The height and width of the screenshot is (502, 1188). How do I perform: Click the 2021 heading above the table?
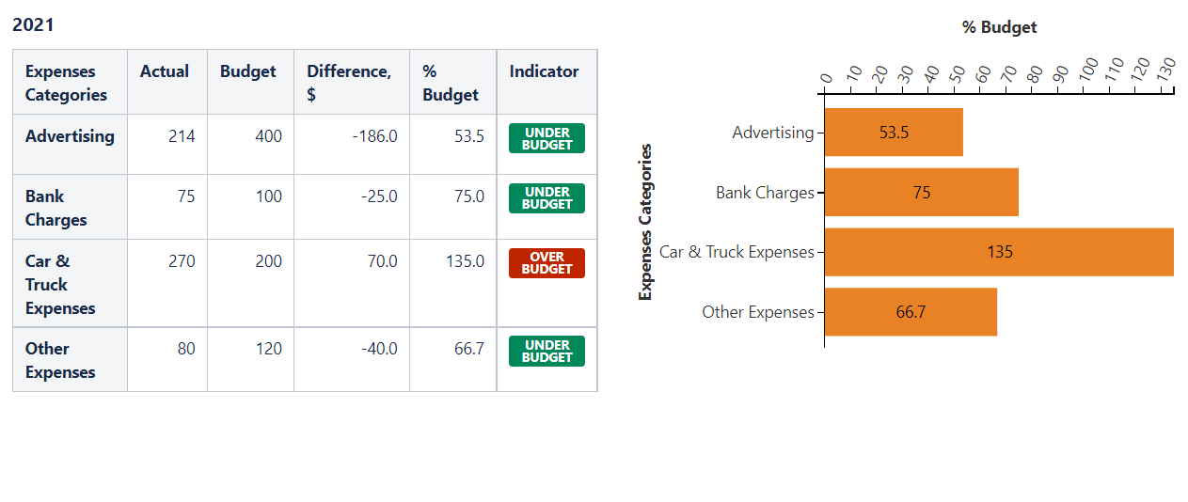(33, 25)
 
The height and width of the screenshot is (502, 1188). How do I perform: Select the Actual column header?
(164, 71)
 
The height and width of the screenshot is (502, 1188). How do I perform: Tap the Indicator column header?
(544, 71)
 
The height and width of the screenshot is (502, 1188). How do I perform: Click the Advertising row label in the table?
(70, 136)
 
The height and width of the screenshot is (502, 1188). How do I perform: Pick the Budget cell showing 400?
(268, 136)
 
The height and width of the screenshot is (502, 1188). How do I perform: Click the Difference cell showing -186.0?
(374, 136)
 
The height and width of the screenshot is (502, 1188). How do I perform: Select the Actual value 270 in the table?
(182, 261)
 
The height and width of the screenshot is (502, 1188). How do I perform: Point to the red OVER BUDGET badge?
(546, 263)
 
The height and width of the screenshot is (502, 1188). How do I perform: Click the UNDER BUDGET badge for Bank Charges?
(546, 197)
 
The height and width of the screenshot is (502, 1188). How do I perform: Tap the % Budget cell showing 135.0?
(465, 261)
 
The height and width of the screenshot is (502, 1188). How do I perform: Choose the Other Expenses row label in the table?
(59, 360)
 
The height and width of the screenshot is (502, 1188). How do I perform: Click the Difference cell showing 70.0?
(382, 261)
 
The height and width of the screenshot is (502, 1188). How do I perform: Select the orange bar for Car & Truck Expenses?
(998, 252)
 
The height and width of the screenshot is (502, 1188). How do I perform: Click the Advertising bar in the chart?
(893, 133)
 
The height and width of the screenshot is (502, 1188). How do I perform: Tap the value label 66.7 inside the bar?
(911, 312)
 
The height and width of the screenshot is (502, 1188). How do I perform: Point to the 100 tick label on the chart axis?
(1088, 71)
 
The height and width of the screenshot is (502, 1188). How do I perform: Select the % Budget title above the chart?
(999, 27)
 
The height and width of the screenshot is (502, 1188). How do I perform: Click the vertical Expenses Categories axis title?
(645, 222)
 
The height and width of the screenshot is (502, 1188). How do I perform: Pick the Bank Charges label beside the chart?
(764, 193)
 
